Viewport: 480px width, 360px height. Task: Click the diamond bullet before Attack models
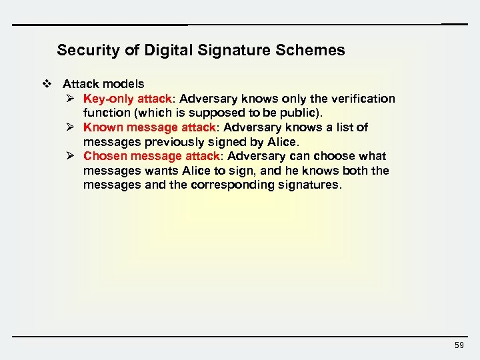click(x=46, y=84)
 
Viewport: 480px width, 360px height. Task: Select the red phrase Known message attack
click(x=149, y=127)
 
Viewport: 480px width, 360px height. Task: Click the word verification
click(x=364, y=99)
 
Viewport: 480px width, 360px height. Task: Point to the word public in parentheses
click(x=301, y=113)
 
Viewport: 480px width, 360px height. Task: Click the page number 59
click(x=459, y=345)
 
